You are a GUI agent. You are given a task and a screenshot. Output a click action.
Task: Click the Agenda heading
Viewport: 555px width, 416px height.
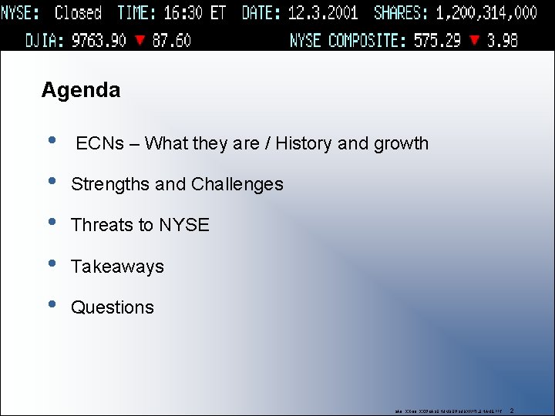pos(81,90)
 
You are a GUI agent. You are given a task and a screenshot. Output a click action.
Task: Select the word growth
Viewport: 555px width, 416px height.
pos(402,144)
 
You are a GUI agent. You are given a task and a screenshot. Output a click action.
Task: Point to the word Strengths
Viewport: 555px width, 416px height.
pos(110,185)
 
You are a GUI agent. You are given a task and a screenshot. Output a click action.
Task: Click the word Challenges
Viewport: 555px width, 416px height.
pos(237,185)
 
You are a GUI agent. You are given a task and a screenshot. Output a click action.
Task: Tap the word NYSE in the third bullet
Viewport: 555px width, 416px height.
pos(184,225)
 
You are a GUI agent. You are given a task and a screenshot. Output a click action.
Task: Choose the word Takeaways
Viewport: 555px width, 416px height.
pos(117,267)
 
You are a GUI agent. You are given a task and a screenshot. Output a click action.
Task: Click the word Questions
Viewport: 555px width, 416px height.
pos(113,307)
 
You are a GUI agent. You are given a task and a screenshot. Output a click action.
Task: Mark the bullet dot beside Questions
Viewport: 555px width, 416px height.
pos(52,304)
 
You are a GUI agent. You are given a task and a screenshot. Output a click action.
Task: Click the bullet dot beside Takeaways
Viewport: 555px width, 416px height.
pos(52,263)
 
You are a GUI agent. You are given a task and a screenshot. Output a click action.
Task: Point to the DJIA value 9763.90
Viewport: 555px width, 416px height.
pos(99,40)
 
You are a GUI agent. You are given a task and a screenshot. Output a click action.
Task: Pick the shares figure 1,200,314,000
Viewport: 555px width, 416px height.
pos(486,13)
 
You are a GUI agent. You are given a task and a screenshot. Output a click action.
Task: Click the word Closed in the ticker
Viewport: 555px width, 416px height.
pos(78,13)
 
